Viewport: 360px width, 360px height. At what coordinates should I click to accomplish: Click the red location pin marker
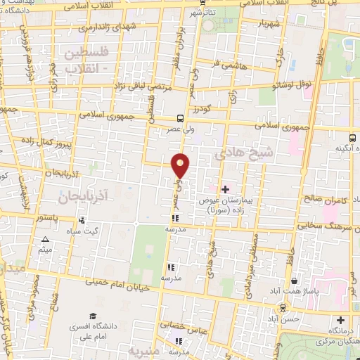[181, 166]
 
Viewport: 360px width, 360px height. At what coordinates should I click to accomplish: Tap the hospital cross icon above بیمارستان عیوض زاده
[226, 188]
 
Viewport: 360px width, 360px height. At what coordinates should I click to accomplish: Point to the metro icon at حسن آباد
[283, 307]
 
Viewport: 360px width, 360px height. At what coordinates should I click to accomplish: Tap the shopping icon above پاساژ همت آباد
[275, 280]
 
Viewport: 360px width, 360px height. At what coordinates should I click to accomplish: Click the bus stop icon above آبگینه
[354, 139]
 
